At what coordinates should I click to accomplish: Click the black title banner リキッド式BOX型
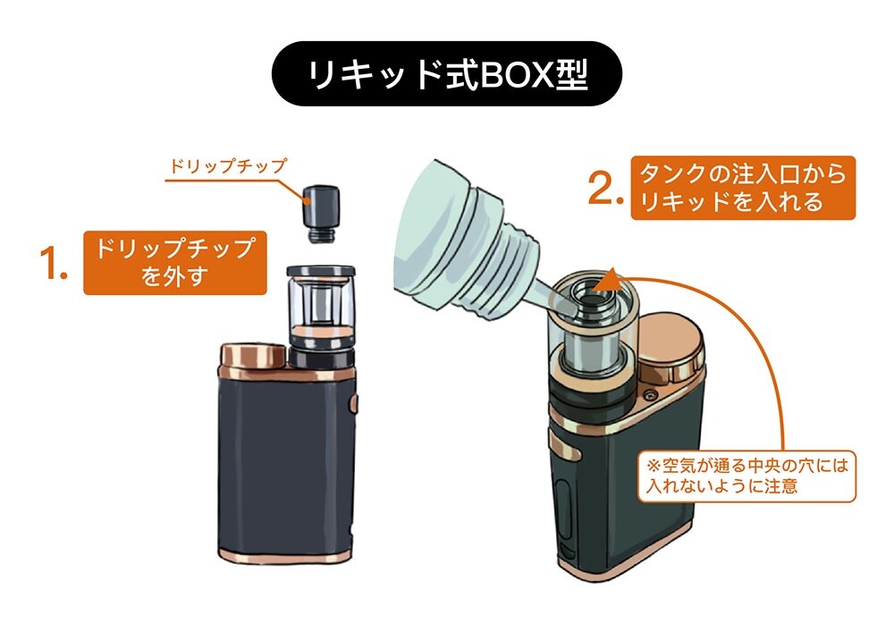446,73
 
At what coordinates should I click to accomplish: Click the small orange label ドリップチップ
228,166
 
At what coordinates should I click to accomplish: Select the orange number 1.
54,263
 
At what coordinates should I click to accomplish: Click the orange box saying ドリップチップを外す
175,263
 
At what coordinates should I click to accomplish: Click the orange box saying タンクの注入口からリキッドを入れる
743,188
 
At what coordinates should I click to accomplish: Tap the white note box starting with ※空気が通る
746,476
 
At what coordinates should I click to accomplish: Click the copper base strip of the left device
285,555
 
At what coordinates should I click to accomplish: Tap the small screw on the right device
648,395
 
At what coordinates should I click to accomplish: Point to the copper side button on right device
565,444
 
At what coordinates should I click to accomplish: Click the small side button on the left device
354,402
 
